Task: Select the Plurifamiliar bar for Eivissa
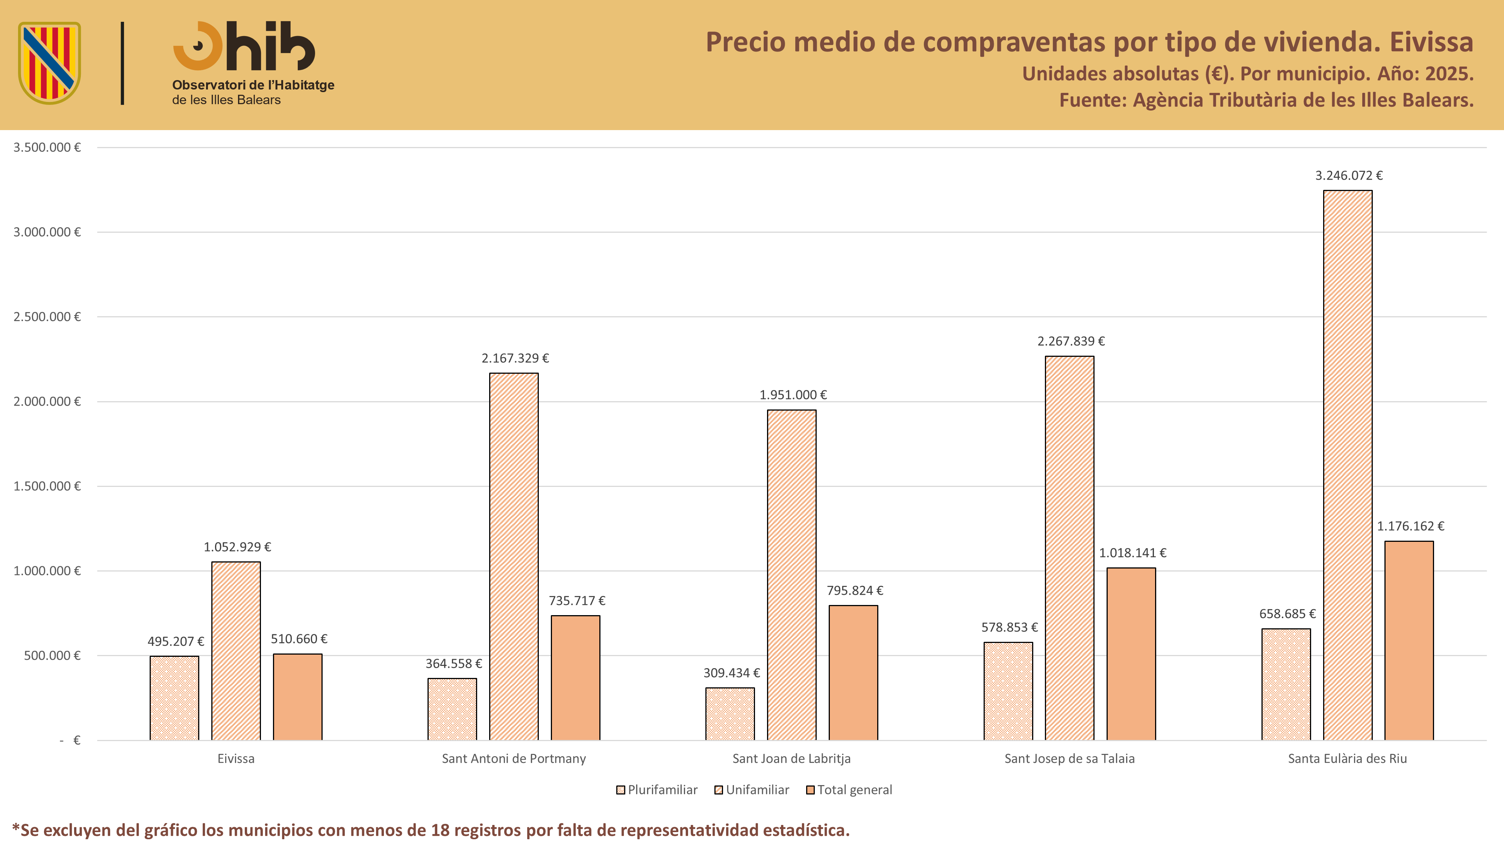(x=174, y=698)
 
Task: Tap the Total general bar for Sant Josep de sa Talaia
(x=1131, y=654)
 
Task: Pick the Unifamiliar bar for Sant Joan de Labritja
(x=792, y=575)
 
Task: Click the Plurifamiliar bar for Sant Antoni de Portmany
(x=452, y=710)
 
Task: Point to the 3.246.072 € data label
(x=1349, y=175)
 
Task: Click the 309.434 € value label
(x=732, y=673)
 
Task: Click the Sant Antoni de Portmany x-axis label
(x=514, y=758)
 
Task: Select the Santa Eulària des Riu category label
(x=1348, y=758)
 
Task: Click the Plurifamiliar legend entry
(x=657, y=790)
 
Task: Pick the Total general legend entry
(x=849, y=790)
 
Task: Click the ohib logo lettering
(x=244, y=46)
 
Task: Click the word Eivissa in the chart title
(x=1431, y=42)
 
